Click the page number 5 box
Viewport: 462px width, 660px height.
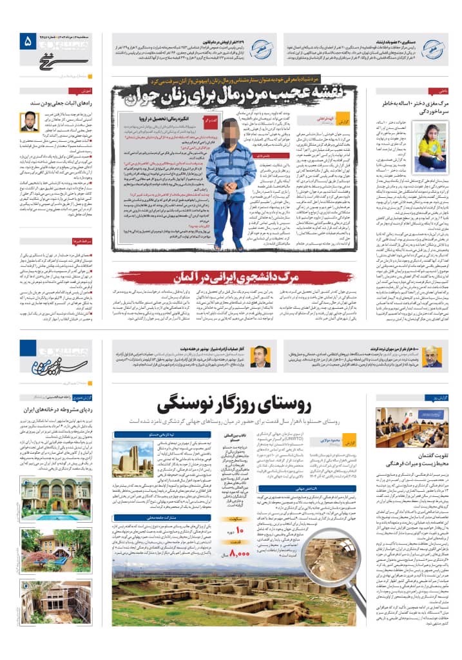(x=27, y=42)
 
